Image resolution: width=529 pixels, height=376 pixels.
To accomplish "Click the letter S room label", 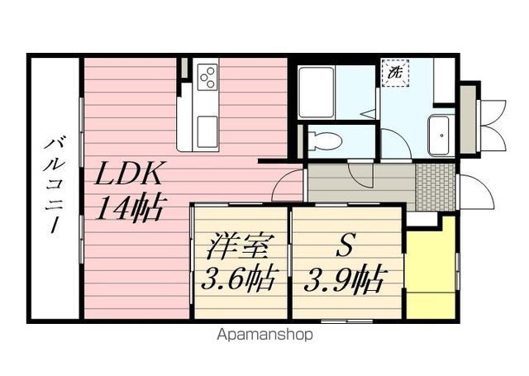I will click(x=346, y=247).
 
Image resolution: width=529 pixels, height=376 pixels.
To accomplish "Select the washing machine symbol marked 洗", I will click(x=393, y=73).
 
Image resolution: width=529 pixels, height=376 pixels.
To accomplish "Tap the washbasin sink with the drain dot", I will click(x=438, y=132).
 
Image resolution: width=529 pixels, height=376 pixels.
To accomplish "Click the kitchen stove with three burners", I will click(x=207, y=78).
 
